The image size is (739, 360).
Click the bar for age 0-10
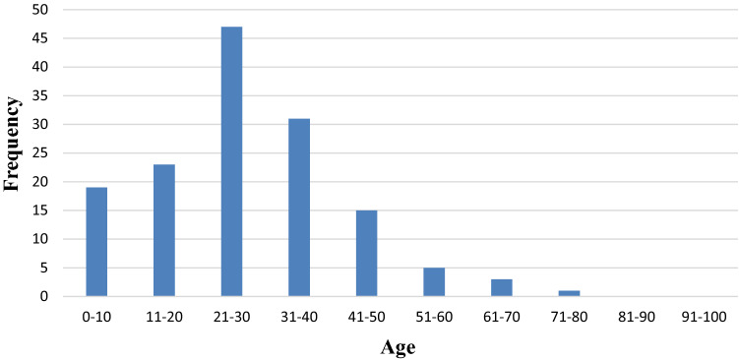tap(96, 241)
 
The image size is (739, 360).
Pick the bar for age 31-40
tap(299, 207)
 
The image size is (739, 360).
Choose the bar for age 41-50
tap(366, 253)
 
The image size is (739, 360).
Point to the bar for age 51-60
tap(434, 282)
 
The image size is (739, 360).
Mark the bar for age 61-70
tap(501, 287)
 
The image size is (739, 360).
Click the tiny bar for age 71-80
tap(569, 293)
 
